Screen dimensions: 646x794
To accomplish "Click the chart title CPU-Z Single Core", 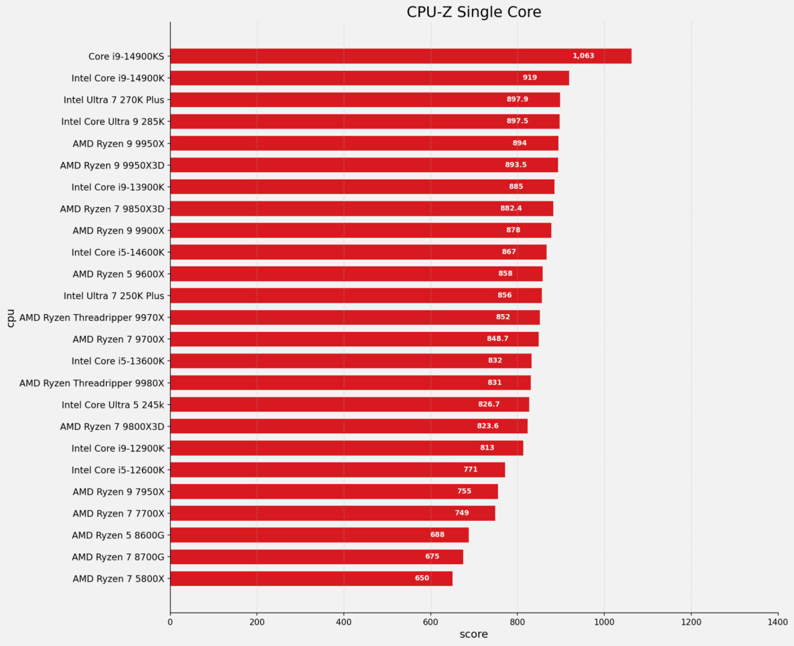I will click(473, 12).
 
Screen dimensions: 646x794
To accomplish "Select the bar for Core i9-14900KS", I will click(400, 56).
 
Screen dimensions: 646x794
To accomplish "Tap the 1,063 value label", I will click(583, 56).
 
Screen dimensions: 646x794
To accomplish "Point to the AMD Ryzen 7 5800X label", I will click(118, 578).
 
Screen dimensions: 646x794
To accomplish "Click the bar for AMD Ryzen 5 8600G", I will click(319, 535).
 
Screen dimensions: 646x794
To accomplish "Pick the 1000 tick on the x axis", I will click(604, 622).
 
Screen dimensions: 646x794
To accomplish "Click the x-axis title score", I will click(473, 635).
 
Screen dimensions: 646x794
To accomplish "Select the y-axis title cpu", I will click(10, 318).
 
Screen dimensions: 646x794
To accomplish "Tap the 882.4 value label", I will click(511, 209).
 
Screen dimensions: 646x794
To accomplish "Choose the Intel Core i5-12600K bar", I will click(337, 470).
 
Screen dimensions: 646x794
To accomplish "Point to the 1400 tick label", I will click(778, 622).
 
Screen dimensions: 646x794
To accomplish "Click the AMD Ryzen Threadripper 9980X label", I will click(92, 383).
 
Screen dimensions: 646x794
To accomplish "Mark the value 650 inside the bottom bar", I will click(422, 578).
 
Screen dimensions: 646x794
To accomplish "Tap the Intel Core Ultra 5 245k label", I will click(112, 405).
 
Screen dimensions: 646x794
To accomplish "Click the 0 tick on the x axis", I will click(170, 622).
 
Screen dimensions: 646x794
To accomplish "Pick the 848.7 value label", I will click(497, 339).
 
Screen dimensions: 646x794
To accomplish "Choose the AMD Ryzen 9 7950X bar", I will click(334, 492).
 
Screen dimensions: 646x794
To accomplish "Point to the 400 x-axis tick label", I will click(343, 622).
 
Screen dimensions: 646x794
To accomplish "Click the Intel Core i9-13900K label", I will click(118, 187).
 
